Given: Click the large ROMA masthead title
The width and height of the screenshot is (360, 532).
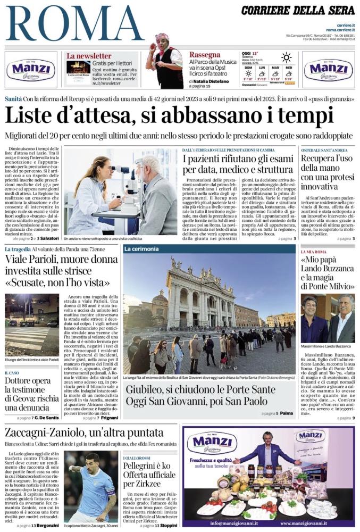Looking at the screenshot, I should point(74,23).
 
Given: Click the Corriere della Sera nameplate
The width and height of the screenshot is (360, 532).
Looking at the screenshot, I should point(298,10).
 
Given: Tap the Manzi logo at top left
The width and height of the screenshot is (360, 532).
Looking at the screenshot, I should point(31,70).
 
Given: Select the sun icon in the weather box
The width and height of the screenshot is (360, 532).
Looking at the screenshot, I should point(287,57).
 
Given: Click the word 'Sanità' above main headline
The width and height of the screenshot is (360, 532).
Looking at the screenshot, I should point(13,99).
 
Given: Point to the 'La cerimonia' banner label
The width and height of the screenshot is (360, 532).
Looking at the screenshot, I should point(141,248).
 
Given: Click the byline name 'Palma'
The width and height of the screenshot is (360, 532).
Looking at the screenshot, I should point(287,413).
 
